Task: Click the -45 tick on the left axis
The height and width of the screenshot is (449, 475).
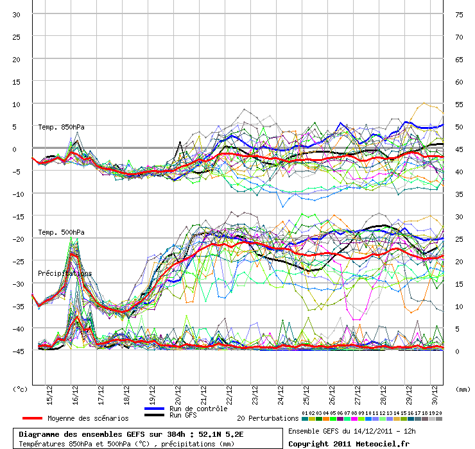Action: click(x=17, y=352)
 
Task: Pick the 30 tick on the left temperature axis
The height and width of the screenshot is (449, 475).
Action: click(x=17, y=15)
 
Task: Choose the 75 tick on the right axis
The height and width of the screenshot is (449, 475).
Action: click(x=459, y=15)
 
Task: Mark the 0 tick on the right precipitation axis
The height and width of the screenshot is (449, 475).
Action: click(x=457, y=352)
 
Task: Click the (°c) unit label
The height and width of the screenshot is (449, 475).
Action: click(x=21, y=389)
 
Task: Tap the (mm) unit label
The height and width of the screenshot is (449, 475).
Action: click(x=462, y=389)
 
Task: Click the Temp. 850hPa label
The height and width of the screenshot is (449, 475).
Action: click(x=61, y=127)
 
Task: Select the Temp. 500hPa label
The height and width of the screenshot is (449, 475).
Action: click(x=61, y=232)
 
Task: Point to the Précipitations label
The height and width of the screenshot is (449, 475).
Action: click(x=65, y=273)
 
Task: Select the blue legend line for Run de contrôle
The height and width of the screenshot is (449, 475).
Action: click(x=154, y=409)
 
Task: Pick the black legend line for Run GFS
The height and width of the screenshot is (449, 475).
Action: click(x=154, y=415)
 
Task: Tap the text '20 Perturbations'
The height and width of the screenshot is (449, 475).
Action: click(x=268, y=418)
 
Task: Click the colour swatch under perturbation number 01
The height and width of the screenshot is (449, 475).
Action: click(x=305, y=418)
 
